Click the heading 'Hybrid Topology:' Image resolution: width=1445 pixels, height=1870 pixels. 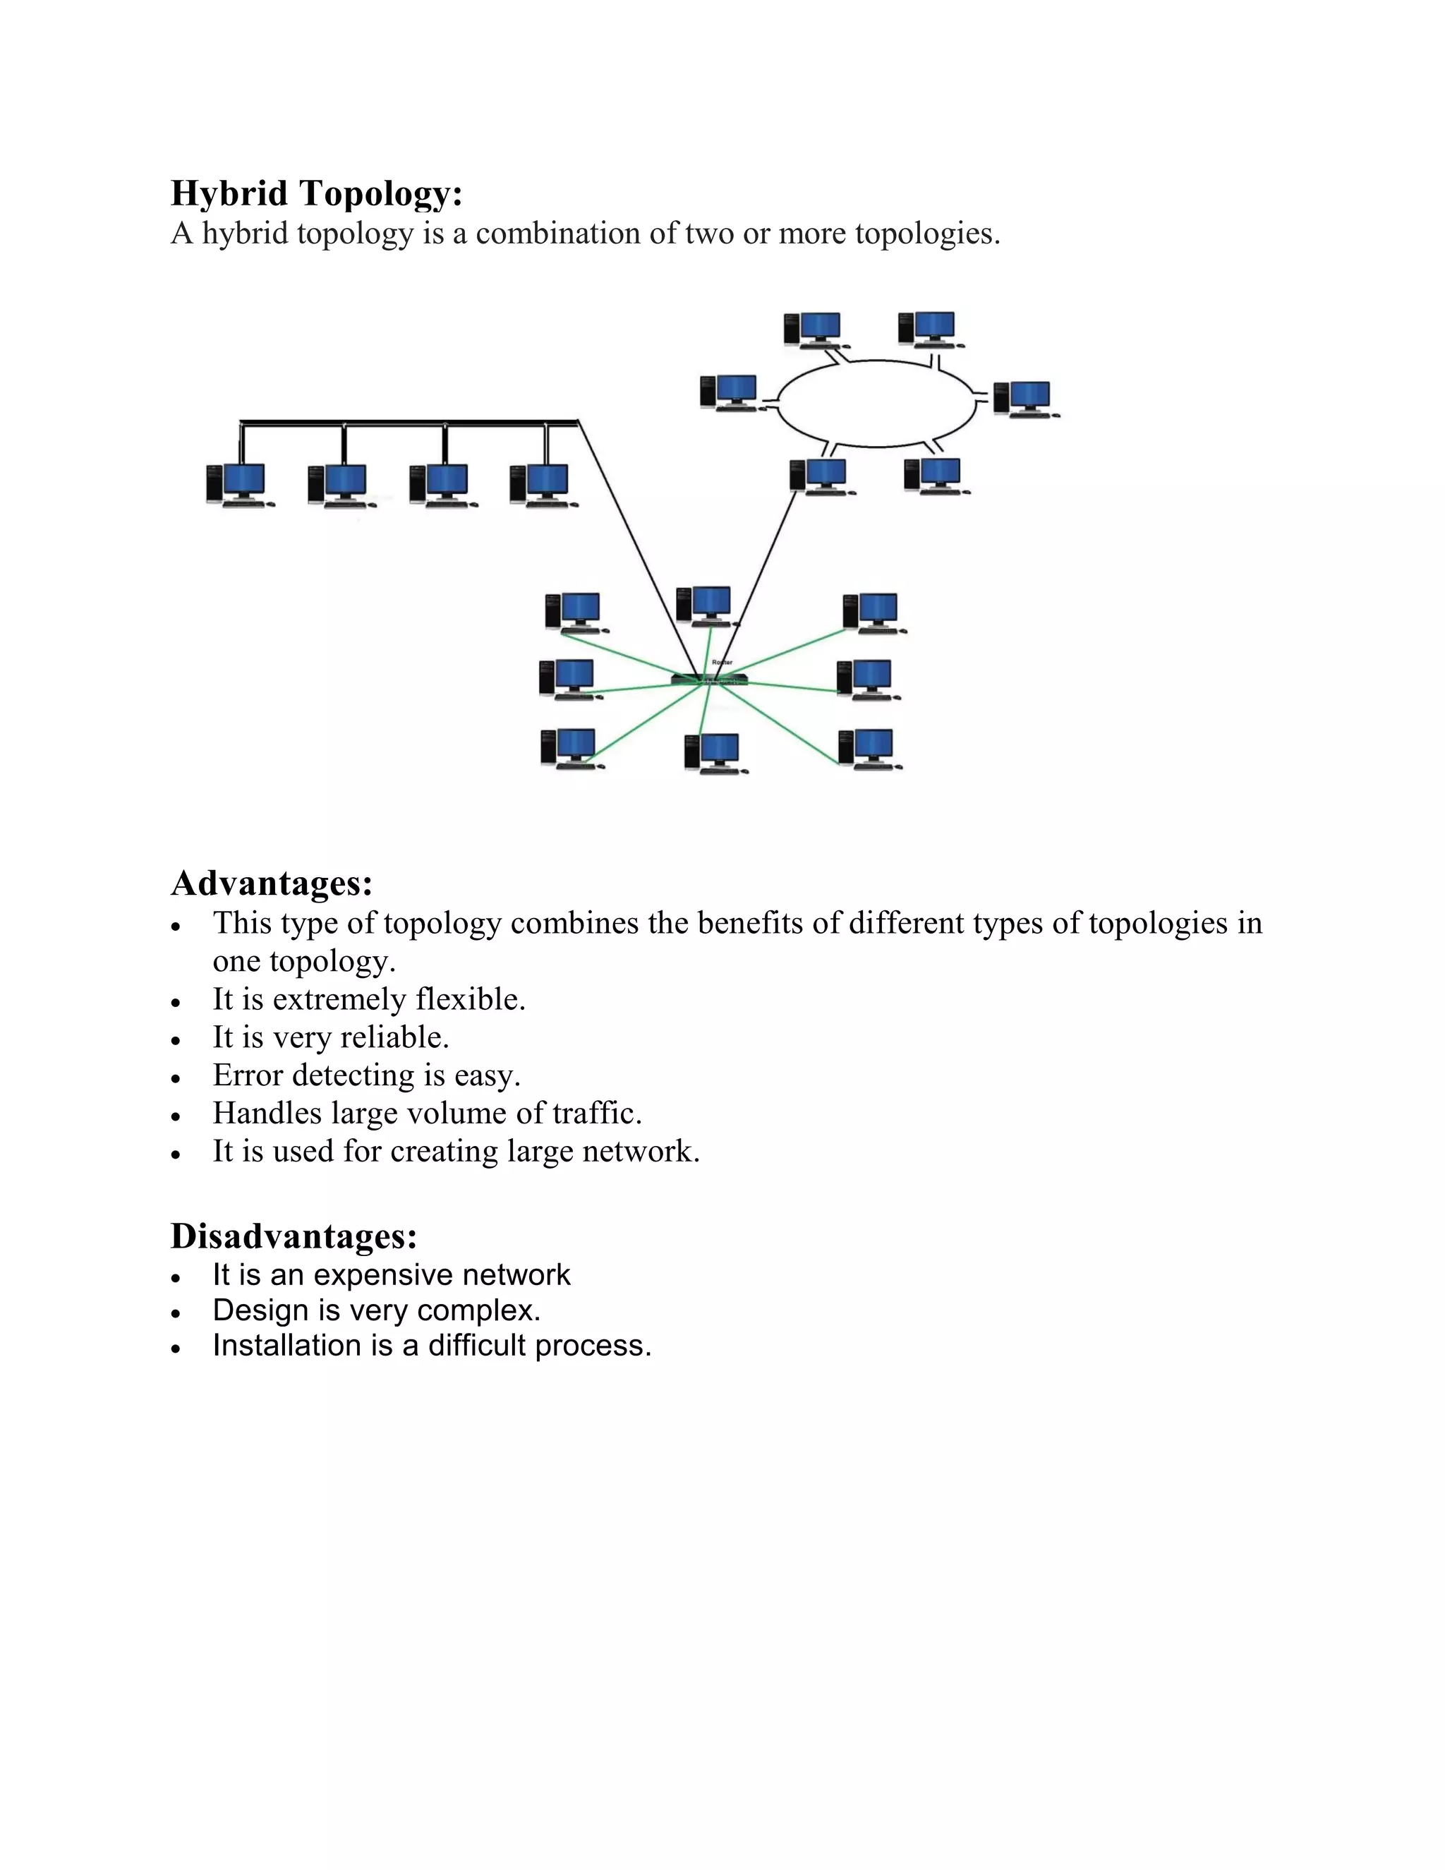tap(316, 193)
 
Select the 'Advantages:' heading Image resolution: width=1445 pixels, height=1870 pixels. tap(272, 883)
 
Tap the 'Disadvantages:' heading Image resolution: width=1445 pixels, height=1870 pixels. tap(294, 1236)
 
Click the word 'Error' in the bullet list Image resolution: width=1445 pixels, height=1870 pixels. tap(248, 1075)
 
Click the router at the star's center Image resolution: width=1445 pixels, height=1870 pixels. tap(709, 679)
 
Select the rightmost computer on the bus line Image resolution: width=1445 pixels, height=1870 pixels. tap(541, 485)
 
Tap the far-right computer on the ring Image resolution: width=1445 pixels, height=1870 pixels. tap(1024, 398)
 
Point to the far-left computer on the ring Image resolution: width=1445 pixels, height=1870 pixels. tap(730, 392)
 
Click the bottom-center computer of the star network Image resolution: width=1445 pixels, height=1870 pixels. tap(715, 754)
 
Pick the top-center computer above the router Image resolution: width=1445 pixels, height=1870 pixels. tap(706, 605)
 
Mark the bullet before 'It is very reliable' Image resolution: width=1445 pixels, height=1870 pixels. tap(176, 1040)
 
